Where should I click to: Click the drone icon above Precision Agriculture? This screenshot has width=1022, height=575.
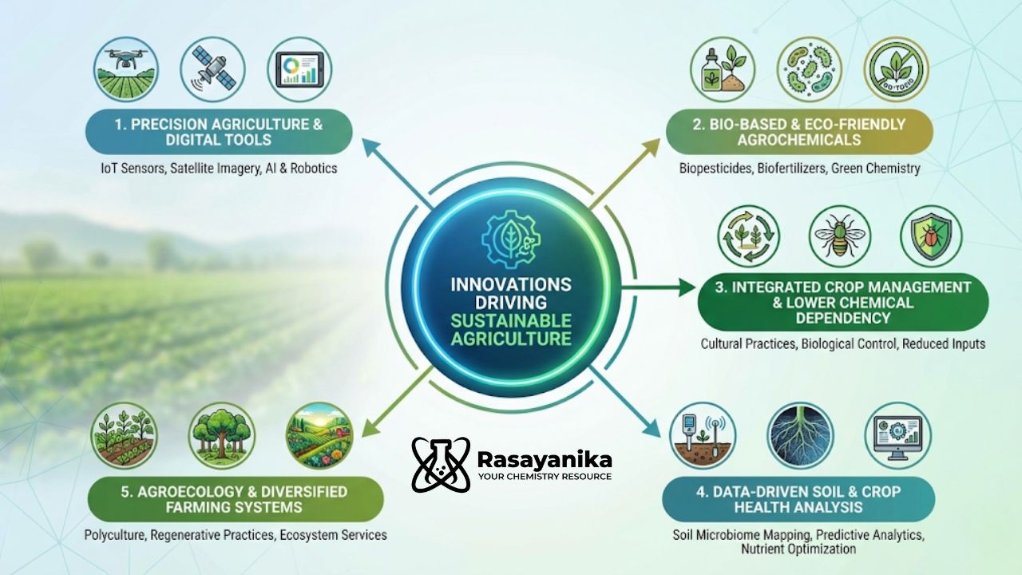[125, 69]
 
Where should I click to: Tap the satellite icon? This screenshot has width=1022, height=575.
[212, 69]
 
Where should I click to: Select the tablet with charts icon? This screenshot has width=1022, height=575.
[299, 69]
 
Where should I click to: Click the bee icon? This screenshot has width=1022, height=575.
[840, 237]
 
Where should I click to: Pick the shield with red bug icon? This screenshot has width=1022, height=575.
[931, 237]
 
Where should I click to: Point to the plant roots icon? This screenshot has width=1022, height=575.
[800, 435]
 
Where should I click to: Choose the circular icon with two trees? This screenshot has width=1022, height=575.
[222, 435]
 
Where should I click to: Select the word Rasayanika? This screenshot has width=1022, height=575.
[545, 459]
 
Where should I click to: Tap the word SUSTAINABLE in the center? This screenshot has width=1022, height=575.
[511, 321]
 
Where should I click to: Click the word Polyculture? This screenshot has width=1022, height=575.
[117, 534]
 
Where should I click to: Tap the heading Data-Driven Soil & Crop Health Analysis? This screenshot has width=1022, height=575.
[798, 499]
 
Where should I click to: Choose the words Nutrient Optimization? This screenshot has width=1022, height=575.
[798, 549]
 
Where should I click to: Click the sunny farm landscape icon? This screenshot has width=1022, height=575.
[319, 435]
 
